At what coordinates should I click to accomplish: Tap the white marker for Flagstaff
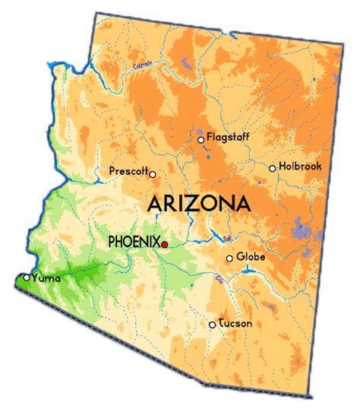201,140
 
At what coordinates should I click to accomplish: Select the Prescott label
128,171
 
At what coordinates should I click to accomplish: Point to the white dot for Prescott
153,174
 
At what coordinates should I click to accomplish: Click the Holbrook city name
301,166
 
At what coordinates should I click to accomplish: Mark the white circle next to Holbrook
272,169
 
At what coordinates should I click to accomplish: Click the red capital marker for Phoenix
165,244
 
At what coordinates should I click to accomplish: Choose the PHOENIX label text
134,242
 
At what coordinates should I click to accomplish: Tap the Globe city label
251,257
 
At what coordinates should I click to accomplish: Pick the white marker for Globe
229,259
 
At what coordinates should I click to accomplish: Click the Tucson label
235,323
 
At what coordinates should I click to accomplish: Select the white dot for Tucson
212,325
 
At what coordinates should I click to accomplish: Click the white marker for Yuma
27,277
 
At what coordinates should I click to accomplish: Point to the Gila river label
219,282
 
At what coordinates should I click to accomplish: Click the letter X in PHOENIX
156,242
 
